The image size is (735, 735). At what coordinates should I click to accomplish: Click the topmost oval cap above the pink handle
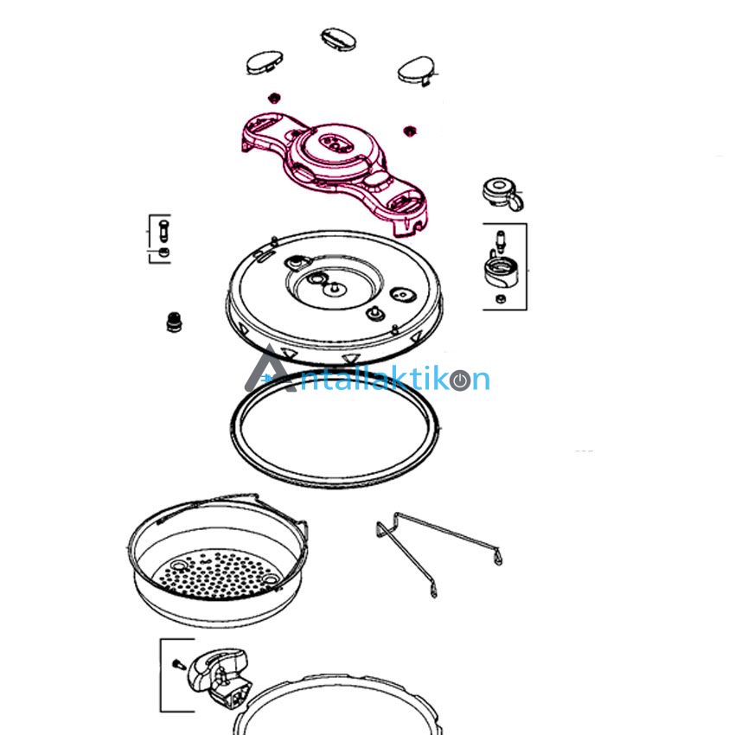pos(338,38)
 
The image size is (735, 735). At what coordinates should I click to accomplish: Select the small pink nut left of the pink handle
pos(273,99)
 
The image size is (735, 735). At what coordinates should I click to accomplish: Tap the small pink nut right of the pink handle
pos(410,131)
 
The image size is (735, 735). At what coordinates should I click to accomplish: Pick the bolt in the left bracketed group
pos(163,230)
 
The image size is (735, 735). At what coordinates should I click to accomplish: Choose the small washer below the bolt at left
pos(163,252)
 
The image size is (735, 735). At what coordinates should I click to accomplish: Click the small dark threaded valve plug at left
pos(174,322)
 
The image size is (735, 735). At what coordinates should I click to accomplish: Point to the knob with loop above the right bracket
pos(502,193)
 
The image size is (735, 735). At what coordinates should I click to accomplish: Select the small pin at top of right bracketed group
pos(501,241)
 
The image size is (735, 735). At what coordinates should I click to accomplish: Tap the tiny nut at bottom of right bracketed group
pos(500,298)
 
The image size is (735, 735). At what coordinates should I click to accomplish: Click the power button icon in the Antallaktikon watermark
pos(460,380)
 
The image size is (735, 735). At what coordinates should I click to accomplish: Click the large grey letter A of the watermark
pos(271,369)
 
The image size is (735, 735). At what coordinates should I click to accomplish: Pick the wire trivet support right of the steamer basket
pos(438,553)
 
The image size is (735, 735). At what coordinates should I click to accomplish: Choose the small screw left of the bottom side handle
pos(179,665)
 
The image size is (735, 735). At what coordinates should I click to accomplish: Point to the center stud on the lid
pos(334,287)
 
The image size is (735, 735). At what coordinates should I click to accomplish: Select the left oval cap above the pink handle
pos(265,63)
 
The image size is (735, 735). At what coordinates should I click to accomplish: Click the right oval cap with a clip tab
pos(417,70)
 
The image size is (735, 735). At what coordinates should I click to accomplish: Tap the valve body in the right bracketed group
pos(501,271)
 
